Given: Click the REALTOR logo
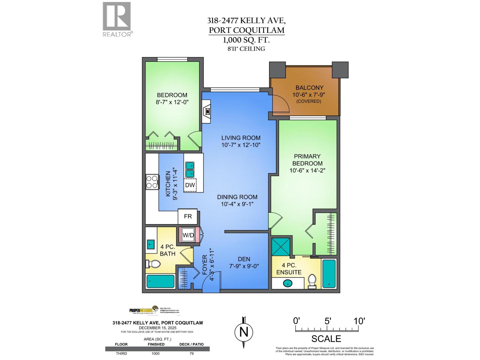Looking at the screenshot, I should pos(117,19).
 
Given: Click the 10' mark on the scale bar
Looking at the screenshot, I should pos(358,321).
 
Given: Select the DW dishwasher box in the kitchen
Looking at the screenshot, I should pos(190,185).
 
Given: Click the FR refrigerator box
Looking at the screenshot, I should pos(188,216).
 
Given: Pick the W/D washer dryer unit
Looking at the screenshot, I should pos(188,235).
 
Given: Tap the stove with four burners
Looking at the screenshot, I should pos(152,182).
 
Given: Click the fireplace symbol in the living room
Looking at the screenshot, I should pos(207,111).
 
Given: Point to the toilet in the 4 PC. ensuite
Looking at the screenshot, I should pos(312,281).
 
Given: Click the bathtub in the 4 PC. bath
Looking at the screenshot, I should pos(161,282).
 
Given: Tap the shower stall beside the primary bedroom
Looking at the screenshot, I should pos(281,247).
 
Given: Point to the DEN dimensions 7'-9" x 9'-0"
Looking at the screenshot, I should pos(244,266).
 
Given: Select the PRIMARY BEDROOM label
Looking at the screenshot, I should pos(307,160).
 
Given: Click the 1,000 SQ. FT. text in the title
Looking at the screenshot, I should pos(246,40).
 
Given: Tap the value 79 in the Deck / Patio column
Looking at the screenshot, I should pos(192,353).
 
